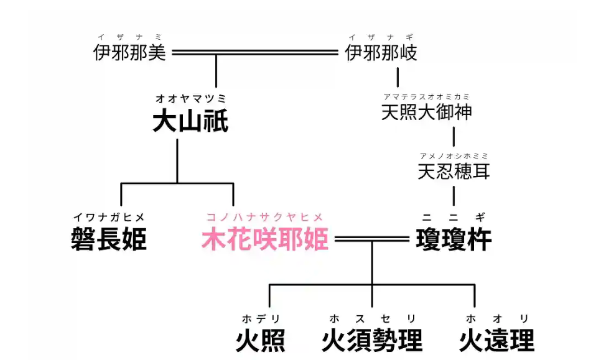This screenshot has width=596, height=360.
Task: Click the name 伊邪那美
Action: (130, 53)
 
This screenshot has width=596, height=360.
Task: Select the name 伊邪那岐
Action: (381, 53)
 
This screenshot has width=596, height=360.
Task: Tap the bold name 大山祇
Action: (190, 122)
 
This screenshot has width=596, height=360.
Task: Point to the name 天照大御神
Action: (426, 113)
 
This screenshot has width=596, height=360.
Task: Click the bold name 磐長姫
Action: (109, 239)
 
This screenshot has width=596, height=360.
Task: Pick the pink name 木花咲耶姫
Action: (264, 239)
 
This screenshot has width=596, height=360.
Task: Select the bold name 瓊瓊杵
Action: (454, 239)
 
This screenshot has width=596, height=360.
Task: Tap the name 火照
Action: (261, 340)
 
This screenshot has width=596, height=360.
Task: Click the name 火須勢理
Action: (372, 340)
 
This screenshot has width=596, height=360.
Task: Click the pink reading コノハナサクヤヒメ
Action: (264, 217)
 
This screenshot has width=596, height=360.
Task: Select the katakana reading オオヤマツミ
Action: (190, 98)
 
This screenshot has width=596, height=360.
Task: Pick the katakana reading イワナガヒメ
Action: (109, 217)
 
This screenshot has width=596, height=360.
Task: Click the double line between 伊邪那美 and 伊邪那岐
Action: (255, 53)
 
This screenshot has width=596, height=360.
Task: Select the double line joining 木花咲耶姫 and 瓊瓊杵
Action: (371, 239)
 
